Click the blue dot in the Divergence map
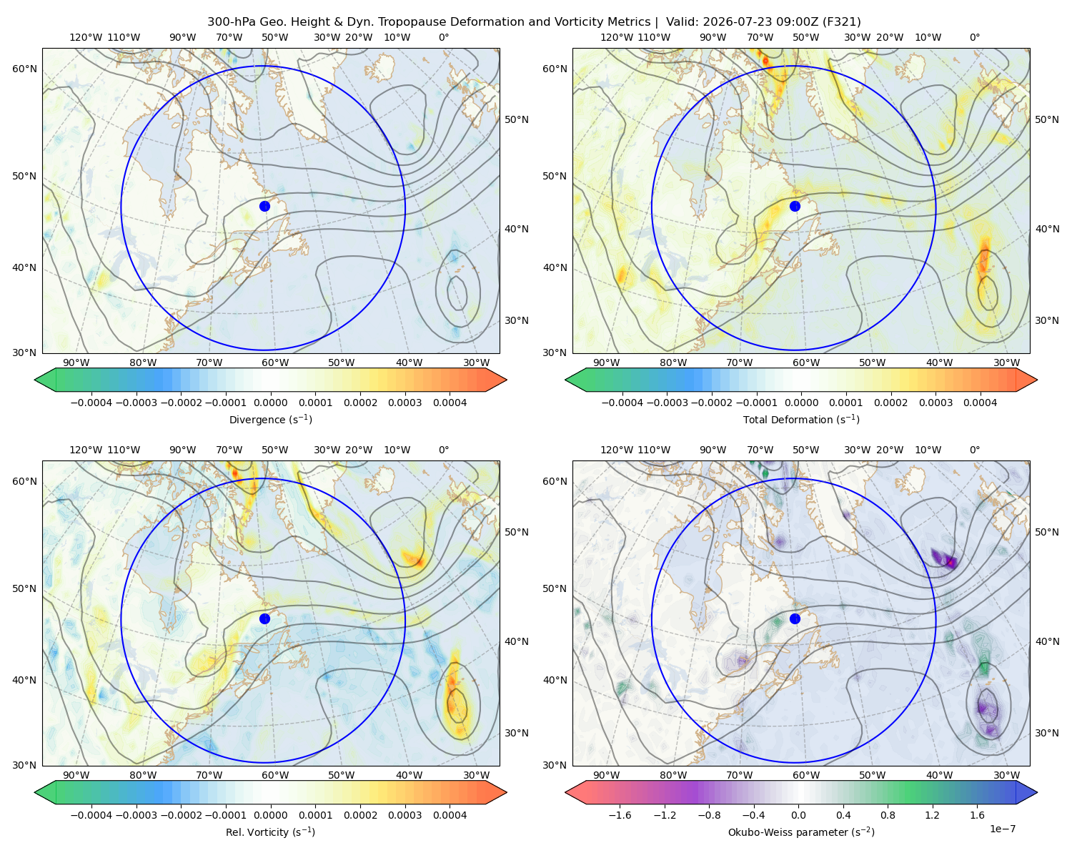[264, 206]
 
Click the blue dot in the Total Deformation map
[795, 206]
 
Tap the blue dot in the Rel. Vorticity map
[264, 618]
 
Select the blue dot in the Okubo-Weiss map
[795, 618]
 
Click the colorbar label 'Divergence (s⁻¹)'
[270, 419]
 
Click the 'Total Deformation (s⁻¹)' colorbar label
[801, 419]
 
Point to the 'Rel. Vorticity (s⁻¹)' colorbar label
[270, 832]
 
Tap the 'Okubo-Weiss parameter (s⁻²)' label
[801, 832]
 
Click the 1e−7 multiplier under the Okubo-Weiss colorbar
[1002, 829]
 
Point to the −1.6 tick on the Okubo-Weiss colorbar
[620, 815]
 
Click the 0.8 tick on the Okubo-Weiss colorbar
[888, 815]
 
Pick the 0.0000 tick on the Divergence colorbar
[270, 403]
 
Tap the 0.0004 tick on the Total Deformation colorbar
[980, 403]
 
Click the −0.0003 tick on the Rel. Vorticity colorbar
[136, 815]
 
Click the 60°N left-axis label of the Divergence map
[24, 69]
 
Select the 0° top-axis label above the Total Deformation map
[974, 37]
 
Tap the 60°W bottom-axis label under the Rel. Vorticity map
[275, 775]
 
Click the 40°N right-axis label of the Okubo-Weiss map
[1047, 641]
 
